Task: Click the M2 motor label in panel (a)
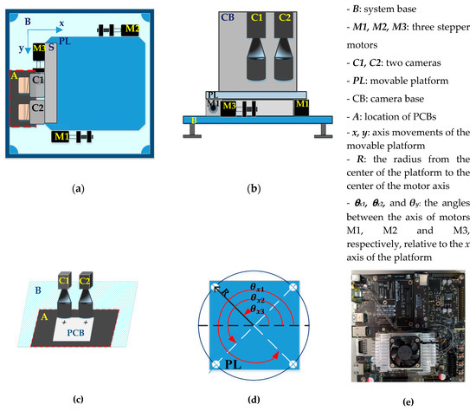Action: pyautogui.click(x=132, y=29)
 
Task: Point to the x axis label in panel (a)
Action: pyautogui.click(x=61, y=24)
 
